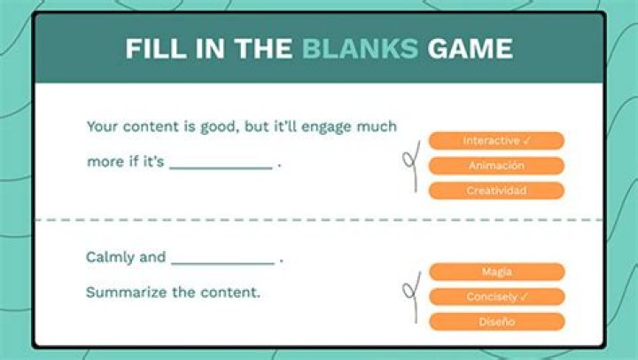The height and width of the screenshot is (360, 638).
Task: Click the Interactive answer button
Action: (496, 140)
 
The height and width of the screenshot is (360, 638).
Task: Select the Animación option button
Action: (496, 166)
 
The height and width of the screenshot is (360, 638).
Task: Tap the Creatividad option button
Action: (496, 191)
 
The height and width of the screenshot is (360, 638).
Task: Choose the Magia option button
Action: (497, 271)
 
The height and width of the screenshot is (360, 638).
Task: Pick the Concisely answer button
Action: (497, 297)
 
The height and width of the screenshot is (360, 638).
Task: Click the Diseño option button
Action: (497, 322)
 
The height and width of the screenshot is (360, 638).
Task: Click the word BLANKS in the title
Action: (360, 49)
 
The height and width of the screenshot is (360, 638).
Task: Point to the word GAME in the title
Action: (470, 49)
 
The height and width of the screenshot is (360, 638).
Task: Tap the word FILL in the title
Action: (156, 49)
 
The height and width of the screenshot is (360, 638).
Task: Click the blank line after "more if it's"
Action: (221, 168)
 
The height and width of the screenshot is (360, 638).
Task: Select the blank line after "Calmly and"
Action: (223, 263)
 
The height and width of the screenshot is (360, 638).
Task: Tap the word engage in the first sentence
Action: (326, 127)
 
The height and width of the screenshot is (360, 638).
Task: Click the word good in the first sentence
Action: (218, 127)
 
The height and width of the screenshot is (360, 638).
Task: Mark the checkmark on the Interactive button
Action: (526, 141)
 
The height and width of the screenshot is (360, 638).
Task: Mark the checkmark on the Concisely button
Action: (524, 297)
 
